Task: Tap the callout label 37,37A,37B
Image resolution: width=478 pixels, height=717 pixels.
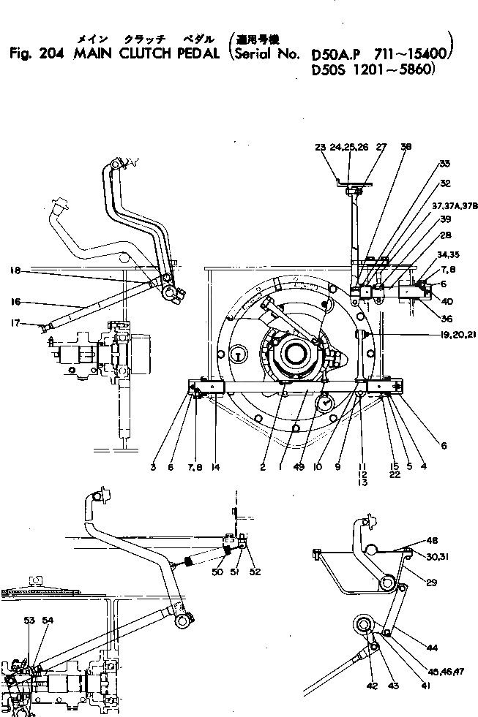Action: click(455, 205)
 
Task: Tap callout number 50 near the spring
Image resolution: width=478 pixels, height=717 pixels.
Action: click(217, 572)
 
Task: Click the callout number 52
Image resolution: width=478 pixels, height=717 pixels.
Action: click(253, 572)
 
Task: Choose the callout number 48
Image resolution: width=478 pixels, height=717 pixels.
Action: click(433, 542)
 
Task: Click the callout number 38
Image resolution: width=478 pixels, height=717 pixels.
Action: click(406, 146)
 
